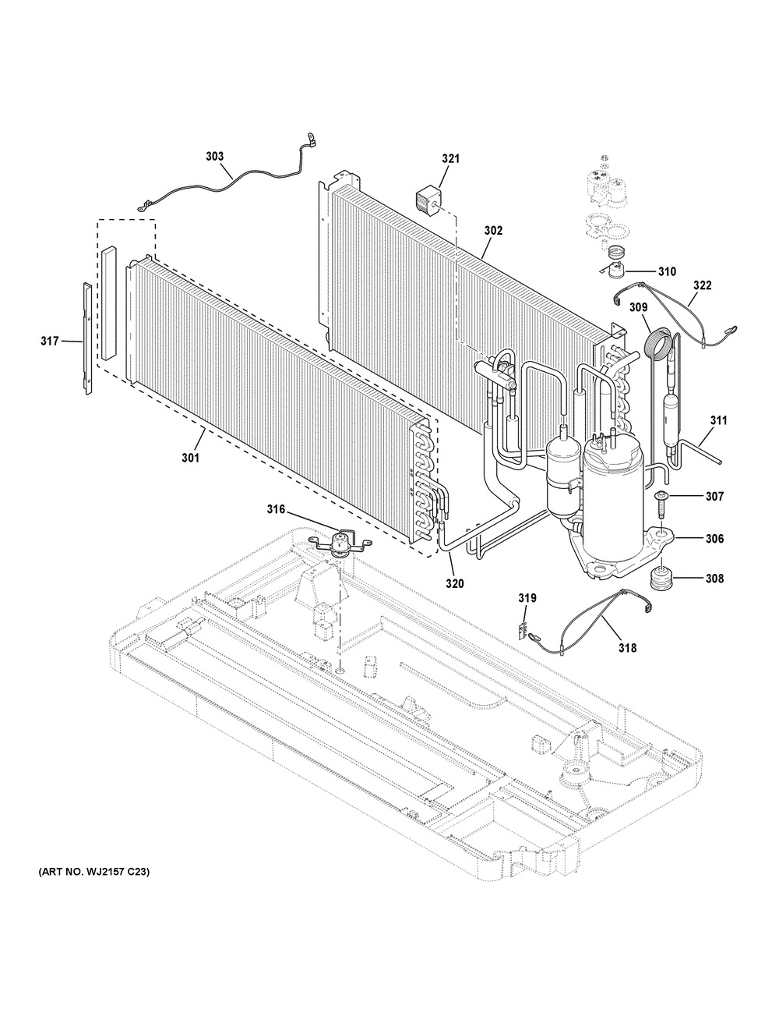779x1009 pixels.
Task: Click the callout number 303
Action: (x=215, y=157)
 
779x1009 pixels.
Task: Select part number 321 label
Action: (x=450, y=159)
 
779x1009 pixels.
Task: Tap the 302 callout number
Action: (x=493, y=231)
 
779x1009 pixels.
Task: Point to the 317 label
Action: (x=50, y=342)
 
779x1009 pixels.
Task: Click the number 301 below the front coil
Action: (x=190, y=458)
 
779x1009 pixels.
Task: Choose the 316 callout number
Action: (x=276, y=509)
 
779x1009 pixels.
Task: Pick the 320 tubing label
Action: (x=454, y=584)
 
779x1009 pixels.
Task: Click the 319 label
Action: (x=527, y=598)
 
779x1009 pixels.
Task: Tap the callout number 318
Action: (x=627, y=648)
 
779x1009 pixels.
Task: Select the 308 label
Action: (x=714, y=579)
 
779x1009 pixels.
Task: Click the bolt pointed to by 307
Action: (x=659, y=504)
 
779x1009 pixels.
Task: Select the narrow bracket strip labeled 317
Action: (x=87, y=339)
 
